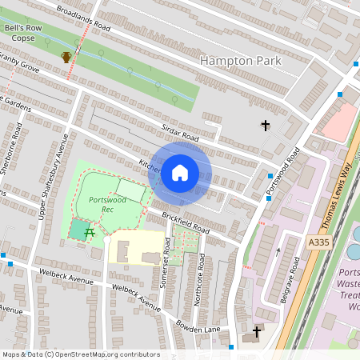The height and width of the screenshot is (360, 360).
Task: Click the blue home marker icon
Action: [x=180, y=173]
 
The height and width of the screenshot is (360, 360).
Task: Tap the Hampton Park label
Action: [x=241, y=61]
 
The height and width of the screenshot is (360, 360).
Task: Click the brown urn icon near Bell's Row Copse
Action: [x=66, y=57]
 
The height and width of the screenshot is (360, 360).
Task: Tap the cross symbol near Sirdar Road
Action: [x=266, y=125]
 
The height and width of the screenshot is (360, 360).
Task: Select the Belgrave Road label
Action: [x=296, y=279]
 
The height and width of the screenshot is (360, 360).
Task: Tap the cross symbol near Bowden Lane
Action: [x=258, y=331]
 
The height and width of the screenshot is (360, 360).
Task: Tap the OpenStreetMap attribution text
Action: [x=80, y=354]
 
